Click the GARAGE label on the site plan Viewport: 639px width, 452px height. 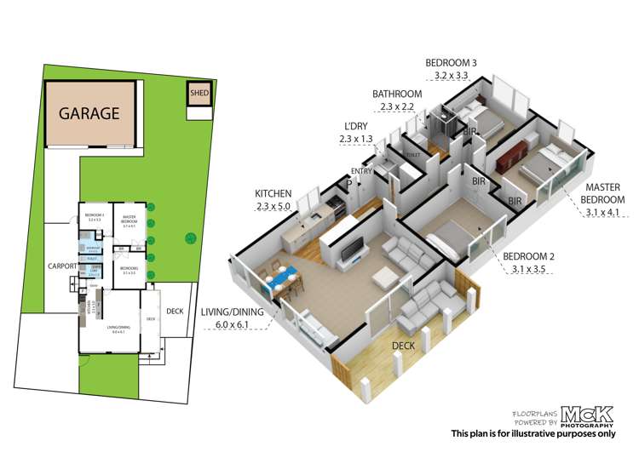point(89,113)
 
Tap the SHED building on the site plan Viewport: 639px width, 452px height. point(199,93)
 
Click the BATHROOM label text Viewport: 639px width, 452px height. point(397,94)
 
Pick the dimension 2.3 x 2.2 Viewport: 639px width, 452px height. point(396,107)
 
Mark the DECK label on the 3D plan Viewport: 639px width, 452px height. point(404,345)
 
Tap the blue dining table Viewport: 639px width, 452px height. point(281,279)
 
